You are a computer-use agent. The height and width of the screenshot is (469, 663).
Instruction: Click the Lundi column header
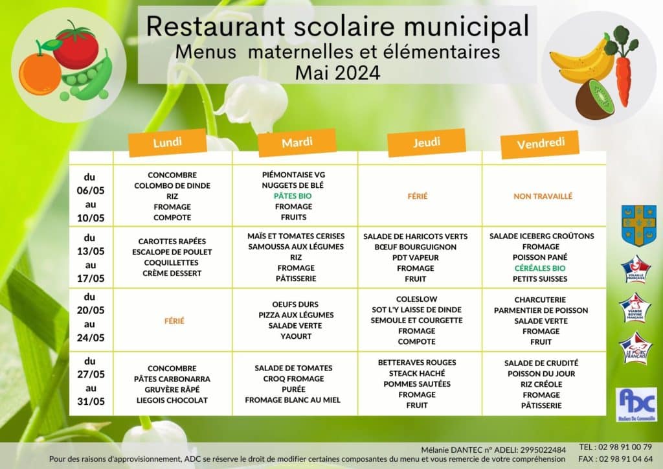click(167, 143)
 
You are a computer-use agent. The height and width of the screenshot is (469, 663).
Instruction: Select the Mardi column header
click(297, 143)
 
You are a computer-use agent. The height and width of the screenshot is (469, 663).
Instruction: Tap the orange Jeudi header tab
click(426, 143)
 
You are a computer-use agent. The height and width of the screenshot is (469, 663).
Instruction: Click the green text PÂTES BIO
click(293, 196)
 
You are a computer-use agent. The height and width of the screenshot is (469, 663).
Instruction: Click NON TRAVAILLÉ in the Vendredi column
click(543, 196)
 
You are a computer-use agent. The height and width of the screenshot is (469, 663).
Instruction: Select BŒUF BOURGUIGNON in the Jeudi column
click(415, 247)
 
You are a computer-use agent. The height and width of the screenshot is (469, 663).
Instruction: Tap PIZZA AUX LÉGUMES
click(296, 315)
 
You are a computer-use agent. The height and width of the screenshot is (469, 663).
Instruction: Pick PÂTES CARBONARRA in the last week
click(172, 379)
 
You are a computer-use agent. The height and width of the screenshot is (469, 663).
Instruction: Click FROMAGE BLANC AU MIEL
click(293, 400)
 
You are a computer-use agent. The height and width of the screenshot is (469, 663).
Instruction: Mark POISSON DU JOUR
click(541, 374)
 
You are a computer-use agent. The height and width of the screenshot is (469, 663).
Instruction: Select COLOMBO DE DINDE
click(172, 186)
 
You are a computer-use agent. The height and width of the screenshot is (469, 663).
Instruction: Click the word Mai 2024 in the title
click(337, 72)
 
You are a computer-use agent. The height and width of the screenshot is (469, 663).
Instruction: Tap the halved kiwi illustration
click(594, 99)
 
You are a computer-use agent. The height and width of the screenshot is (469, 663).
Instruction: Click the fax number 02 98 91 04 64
click(616, 459)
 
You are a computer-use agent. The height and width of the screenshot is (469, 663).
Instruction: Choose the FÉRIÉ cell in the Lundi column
click(175, 321)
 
